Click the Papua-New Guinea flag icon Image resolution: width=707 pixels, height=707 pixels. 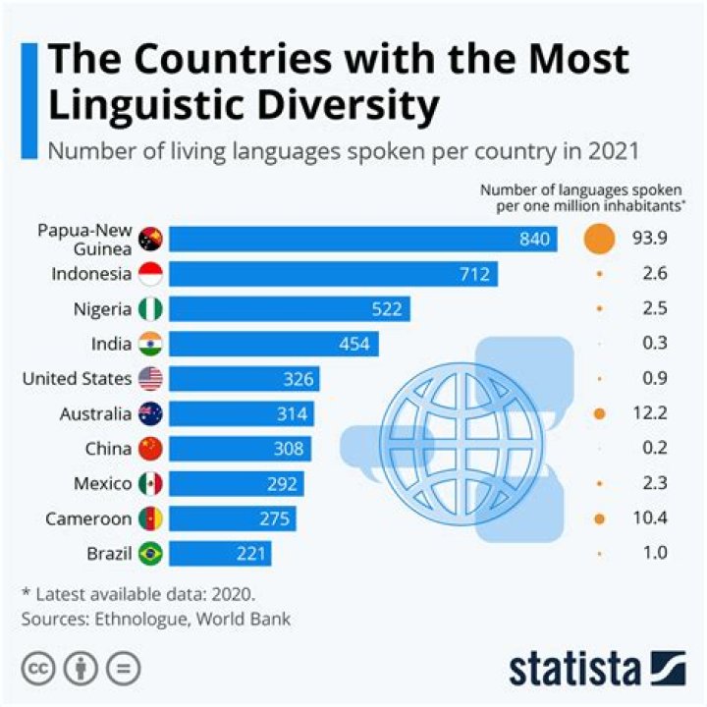(x=151, y=240)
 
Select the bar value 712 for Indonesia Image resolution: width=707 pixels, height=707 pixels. (x=474, y=274)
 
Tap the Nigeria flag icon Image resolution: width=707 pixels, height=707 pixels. (x=151, y=309)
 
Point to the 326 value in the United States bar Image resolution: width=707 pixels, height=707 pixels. (x=298, y=379)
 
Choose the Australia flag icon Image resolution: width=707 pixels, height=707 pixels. (x=151, y=414)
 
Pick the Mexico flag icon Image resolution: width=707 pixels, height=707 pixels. (x=151, y=484)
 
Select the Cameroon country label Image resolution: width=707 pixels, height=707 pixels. (x=88, y=518)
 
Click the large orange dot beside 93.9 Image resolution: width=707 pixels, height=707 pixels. (x=598, y=239)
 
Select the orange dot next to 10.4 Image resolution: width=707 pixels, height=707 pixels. (x=599, y=518)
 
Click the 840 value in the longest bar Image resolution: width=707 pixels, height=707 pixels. (x=534, y=240)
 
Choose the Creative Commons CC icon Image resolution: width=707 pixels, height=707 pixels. (x=39, y=668)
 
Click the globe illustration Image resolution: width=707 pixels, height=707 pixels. (x=462, y=432)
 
